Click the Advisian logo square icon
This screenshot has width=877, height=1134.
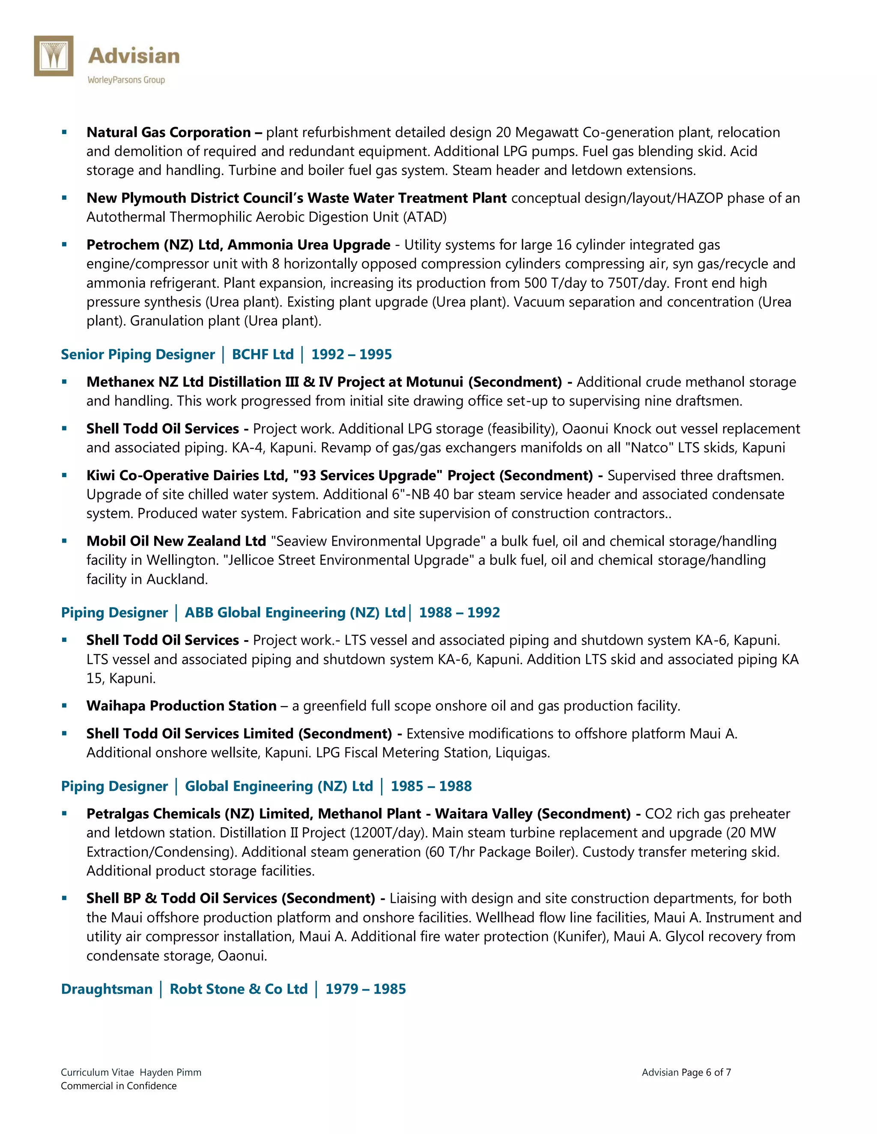(x=54, y=56)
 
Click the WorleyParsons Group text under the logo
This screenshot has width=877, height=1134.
(x=126, y=80)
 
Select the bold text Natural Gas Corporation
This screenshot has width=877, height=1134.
(x=168, y=132)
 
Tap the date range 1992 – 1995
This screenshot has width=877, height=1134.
(x=351, y=355)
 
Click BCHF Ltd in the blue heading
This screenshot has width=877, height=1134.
(x=263, y=355)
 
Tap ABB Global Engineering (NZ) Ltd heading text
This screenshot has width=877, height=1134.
(x=295, y=613)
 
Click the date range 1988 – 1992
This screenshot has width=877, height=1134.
(x=459, y=613)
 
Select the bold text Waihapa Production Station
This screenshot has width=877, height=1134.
(x=181, y=706)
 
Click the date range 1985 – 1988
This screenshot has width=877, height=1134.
(x=431, y=786)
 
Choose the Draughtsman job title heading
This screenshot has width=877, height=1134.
(x=107, y=989)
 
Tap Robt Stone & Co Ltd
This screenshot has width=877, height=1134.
(x=239, y=989)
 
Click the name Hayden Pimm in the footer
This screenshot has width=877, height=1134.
(x=170, y=1072)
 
